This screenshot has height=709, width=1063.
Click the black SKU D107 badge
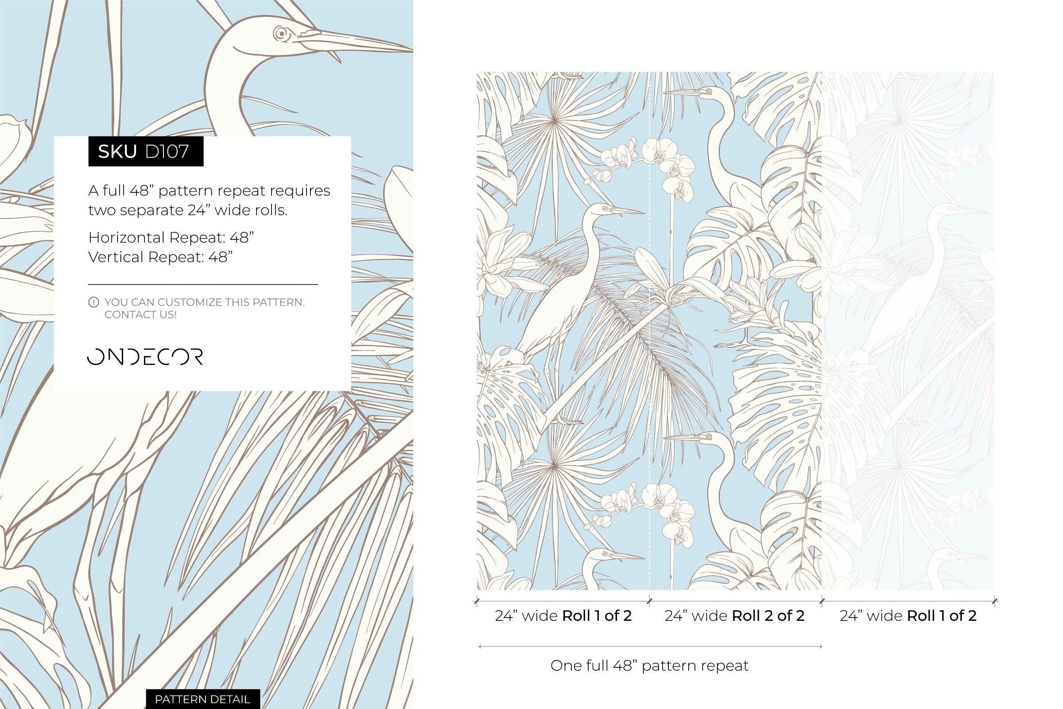click(x=146, y=152)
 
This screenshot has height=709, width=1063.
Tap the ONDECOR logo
click(x=145, y=357)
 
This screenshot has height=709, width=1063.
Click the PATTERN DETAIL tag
click(x=202, y=699)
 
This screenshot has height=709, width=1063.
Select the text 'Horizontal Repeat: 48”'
click(x=171, y=238)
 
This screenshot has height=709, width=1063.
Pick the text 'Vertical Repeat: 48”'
click(x=160, y=257)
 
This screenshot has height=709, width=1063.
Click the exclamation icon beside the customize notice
click(x=93, y=302)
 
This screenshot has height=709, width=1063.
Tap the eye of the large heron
click(x=281, y=33)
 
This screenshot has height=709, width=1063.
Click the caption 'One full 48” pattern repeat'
click(x=649, y=666)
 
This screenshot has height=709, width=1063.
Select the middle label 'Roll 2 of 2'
click(x=768, y=616)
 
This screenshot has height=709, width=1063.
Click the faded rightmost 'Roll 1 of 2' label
click(x=942, y=616)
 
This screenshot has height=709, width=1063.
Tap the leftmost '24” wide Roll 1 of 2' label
click(x=563, y=616)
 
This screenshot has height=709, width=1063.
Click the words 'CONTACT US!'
click(x=140, y=315)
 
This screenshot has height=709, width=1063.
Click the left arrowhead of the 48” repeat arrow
click(x=480, y=647)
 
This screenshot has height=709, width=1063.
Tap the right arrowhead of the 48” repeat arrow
click(x=820, y=647)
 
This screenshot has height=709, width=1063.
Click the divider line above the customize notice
click(x=203, y=284)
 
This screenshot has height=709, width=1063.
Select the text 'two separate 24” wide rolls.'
click(x=187, y=210)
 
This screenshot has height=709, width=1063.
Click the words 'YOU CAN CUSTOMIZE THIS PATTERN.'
click(x=204, y=302)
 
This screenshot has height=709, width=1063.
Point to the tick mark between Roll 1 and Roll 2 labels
click(x=649, y=601)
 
